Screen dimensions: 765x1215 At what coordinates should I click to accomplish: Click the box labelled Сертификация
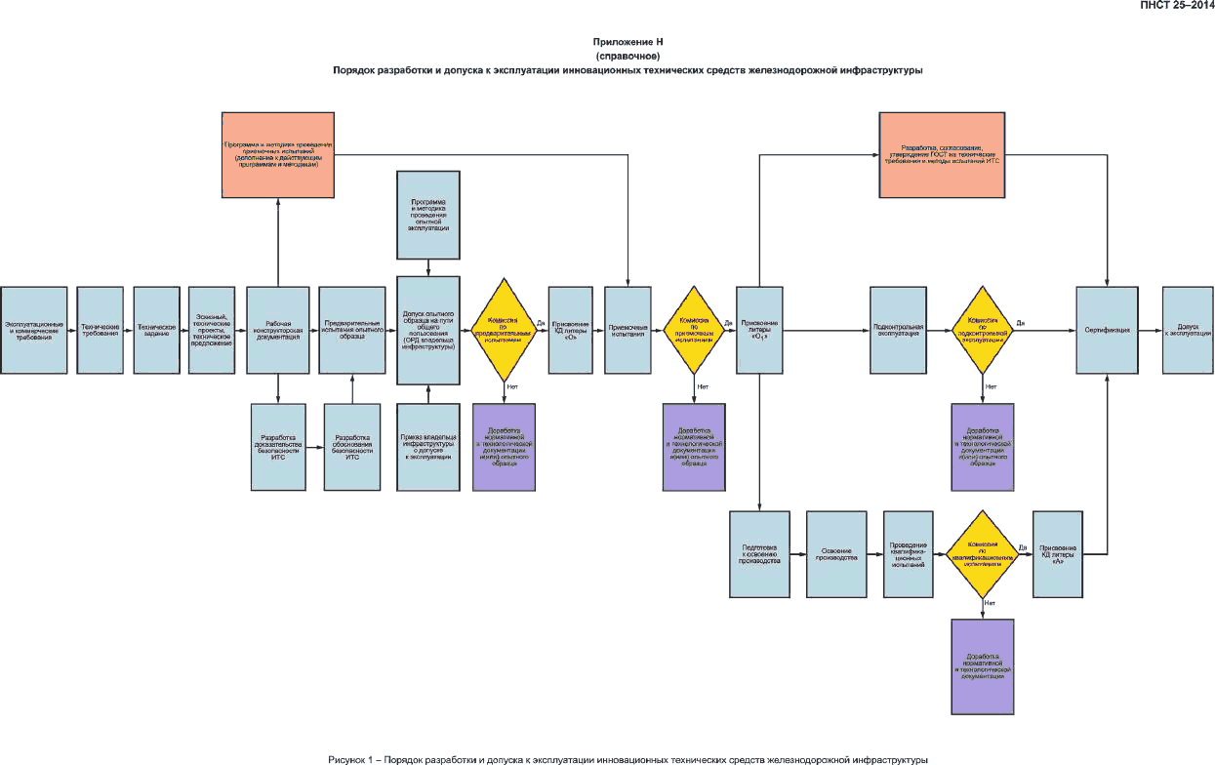click(1107, 330)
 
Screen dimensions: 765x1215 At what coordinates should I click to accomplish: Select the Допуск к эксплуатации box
click(1187, 330)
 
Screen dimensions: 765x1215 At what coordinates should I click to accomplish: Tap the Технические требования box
click(101, 330)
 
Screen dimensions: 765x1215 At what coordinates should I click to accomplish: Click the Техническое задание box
click(156, 330)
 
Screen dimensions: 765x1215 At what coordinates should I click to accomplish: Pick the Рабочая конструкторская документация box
click(278, 330)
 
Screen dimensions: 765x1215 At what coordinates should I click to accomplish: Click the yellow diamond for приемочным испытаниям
click(697, 330)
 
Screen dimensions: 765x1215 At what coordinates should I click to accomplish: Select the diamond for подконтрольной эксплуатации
click(984, 330)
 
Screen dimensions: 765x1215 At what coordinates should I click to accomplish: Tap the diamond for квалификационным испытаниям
click(984, 554)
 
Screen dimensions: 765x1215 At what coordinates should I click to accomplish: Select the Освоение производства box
click(836, 554)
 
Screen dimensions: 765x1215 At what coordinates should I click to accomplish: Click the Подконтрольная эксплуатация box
click(899, 330)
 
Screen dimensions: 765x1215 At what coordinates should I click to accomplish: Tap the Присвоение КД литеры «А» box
click(1060, 554)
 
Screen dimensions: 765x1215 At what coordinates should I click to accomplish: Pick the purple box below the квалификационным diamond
click(983, 667)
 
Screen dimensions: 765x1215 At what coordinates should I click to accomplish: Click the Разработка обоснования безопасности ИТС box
click(352, 446)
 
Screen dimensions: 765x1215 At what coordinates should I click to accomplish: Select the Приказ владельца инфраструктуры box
click(427, 446)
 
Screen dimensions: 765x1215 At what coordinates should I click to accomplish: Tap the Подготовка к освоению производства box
click(760, 554)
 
